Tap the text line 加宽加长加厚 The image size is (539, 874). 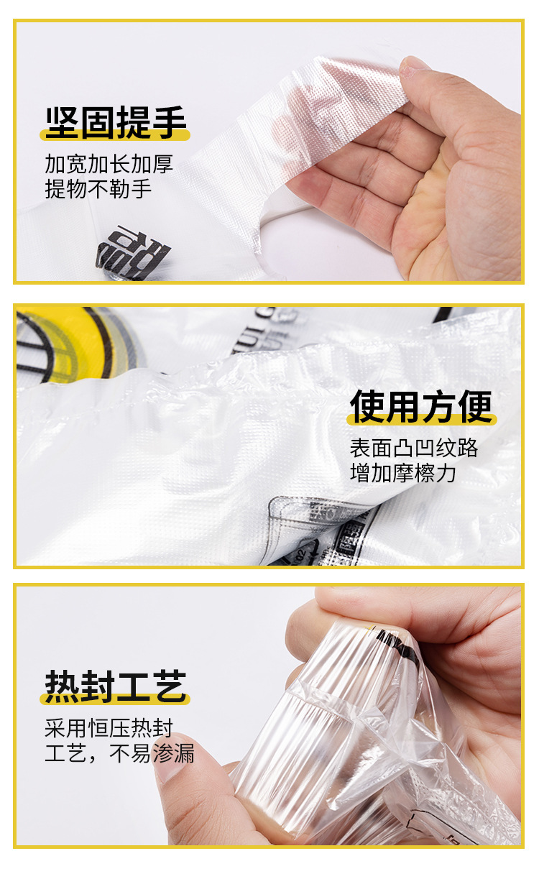pos(109,165)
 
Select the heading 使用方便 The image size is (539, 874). pos(422,408)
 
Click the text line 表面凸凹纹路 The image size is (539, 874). pos(414,448)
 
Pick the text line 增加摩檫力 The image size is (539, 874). pos(403,473)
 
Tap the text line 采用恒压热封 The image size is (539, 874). pos(109,728)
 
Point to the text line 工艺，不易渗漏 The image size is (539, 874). pos(119,753)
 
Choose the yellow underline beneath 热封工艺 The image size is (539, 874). pos(116,699)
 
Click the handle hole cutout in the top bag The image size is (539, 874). pos(291,216)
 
